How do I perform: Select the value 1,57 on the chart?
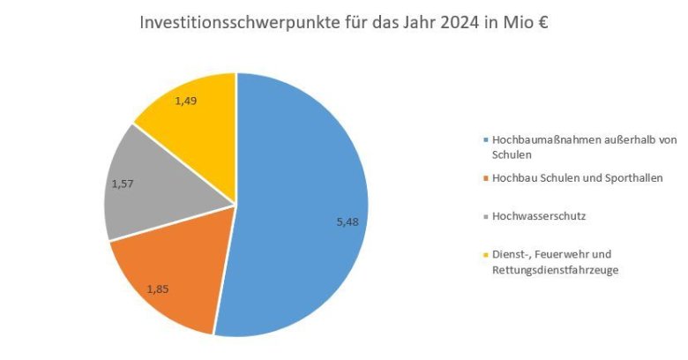[x=123, y=184]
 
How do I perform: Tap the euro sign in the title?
[x=541, y=23]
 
